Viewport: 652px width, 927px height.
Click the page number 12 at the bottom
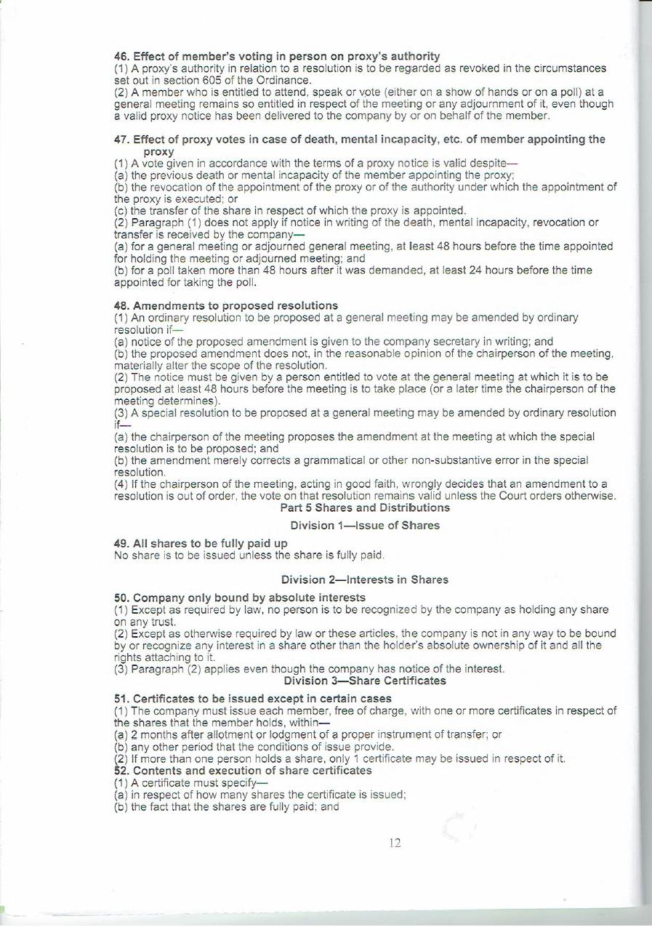coord(395,843)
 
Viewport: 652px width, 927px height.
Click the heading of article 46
coord(277,56)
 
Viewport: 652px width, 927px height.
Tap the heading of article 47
coord(360,140)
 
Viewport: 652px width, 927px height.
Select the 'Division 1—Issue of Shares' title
coord(365,525)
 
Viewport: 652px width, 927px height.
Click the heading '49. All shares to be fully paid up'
coord(201,544)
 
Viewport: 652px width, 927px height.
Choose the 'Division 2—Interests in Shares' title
coord(364,579)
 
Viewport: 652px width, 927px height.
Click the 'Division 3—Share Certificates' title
coord(364,681)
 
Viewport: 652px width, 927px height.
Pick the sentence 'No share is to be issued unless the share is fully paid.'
coord(249,555)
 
